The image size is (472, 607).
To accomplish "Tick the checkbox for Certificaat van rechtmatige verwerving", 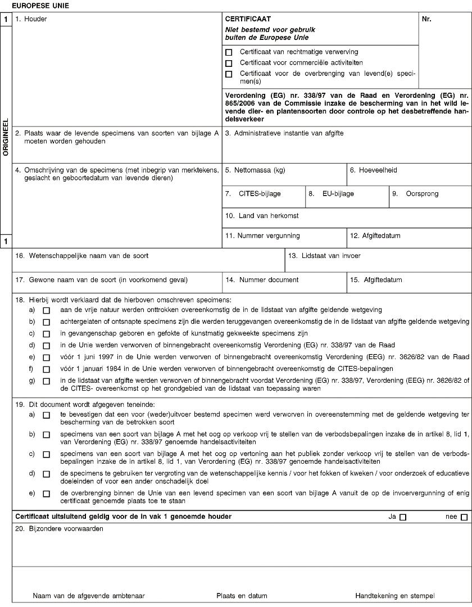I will pyautogui.click(x=229, y=52).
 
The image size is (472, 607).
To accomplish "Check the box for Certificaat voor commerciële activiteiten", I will pyautogui.click(x=229, y=63).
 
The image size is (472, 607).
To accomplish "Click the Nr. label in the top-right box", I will pyautogui.click(x=426, y=19).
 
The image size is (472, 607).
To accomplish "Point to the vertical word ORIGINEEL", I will pyautogui.click(x=6, y=137).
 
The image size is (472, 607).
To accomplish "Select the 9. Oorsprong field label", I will pyautogui.click(x=415, y=194).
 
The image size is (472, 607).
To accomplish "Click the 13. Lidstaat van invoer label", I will pyautogui.click(x=324, y=256).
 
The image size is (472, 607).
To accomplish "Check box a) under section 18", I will pyautogui.click(x=46, y=310).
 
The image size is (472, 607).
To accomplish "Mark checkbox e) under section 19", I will pyautogui.click(x=46, y=493).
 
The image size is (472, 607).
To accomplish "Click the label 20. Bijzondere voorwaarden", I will pyautogui.click(x=59, y=529).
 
